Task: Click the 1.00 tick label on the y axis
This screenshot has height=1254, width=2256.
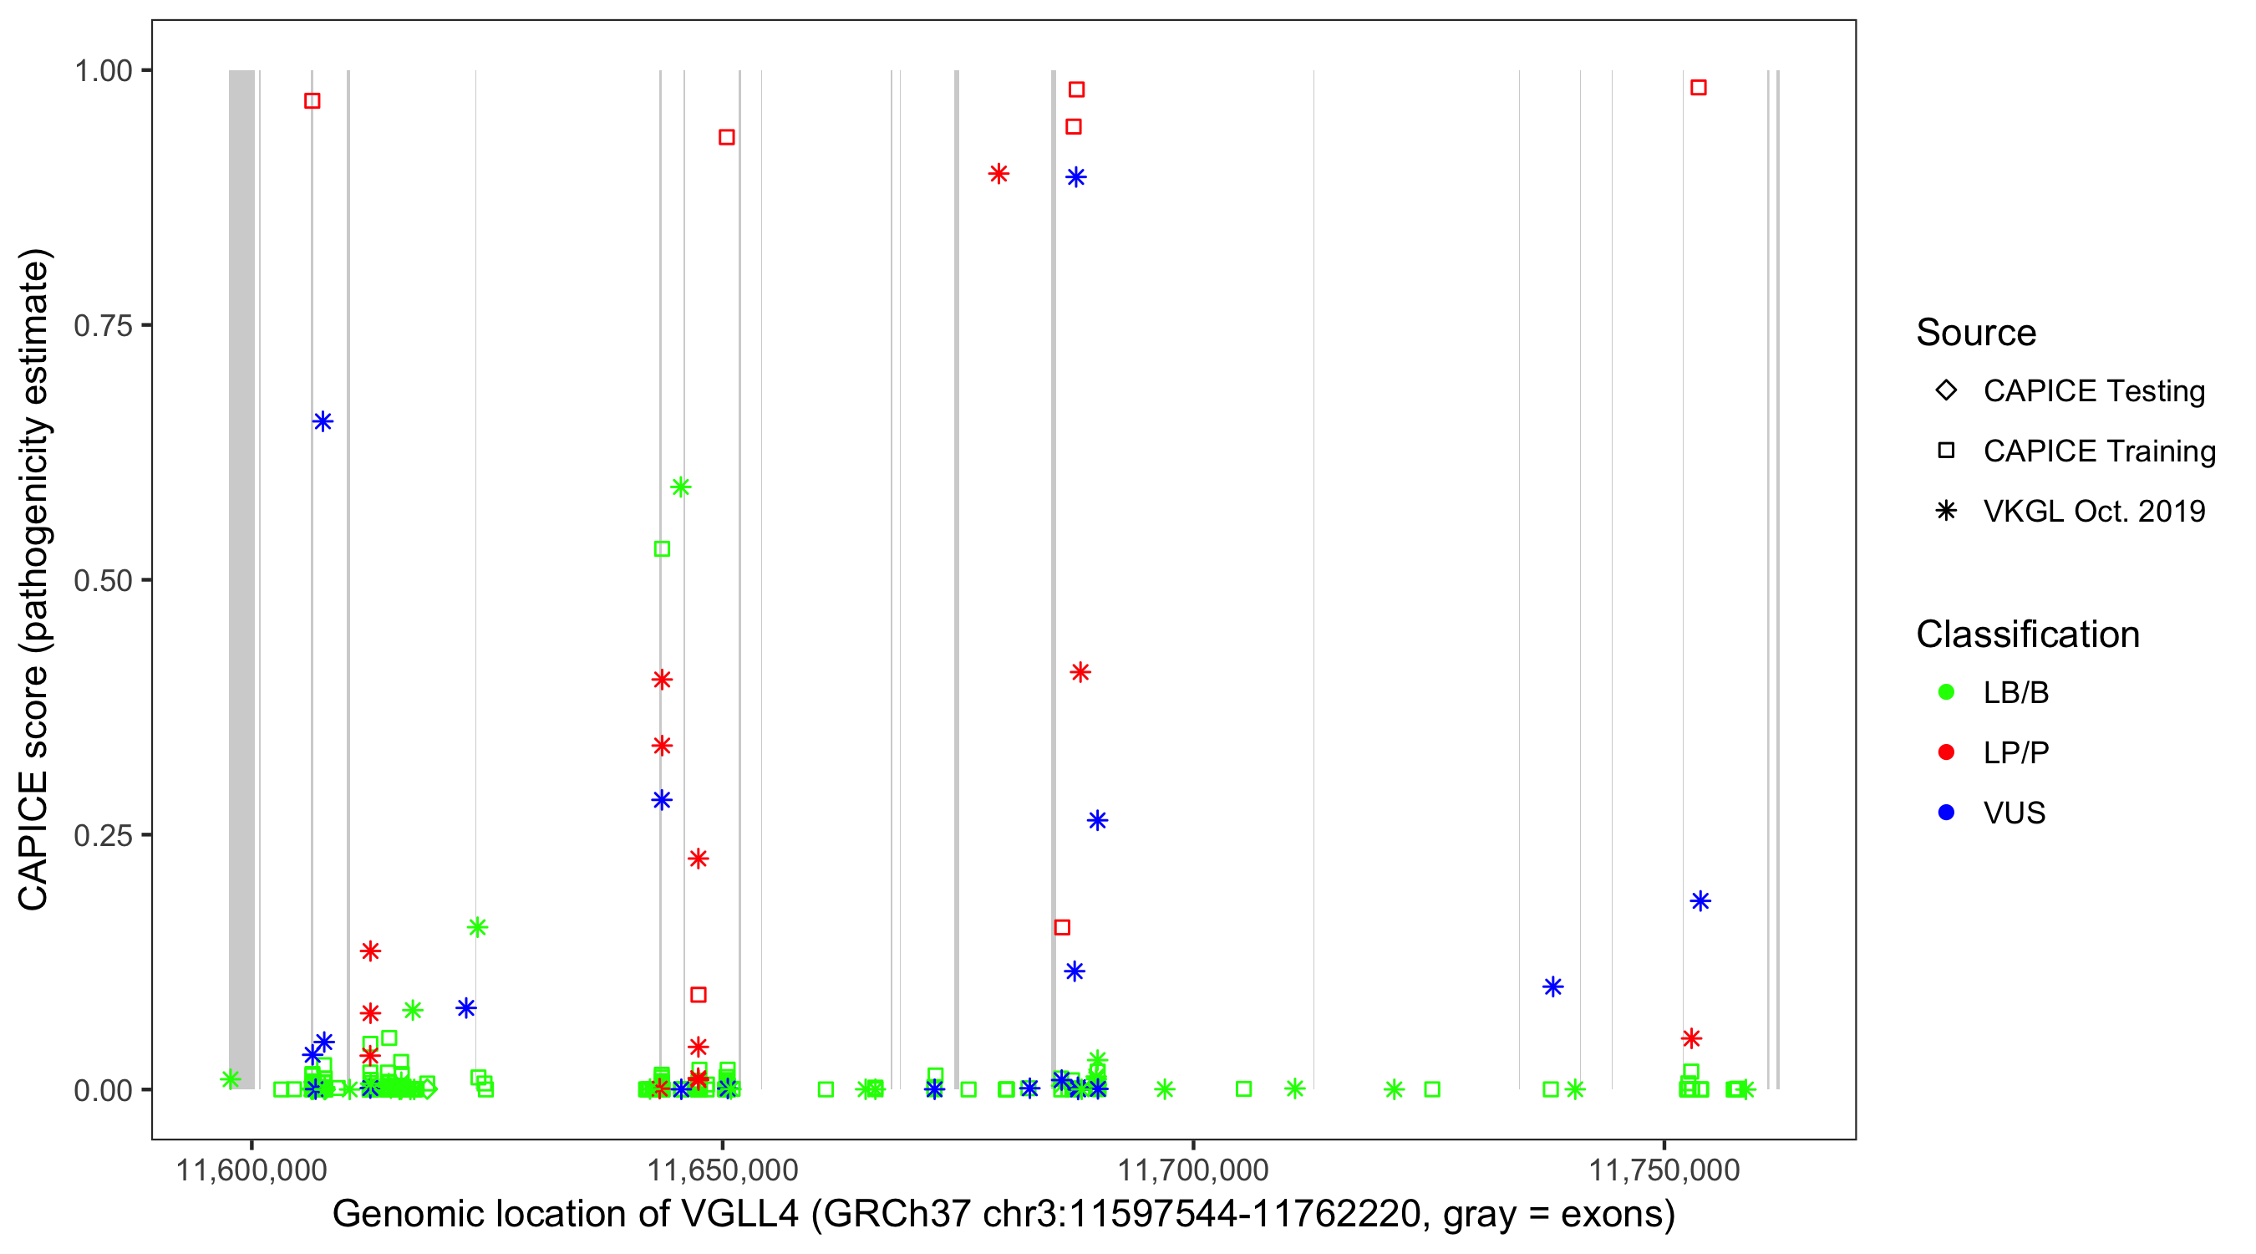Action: coord(103,71)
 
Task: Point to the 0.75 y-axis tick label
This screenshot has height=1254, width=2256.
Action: coord(103,326)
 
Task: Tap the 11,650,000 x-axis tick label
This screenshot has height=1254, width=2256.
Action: coord(723,1170)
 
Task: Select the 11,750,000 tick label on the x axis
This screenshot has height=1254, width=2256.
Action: coord(1664,1170)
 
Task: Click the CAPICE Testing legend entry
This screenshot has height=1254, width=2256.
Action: coord(2093,391)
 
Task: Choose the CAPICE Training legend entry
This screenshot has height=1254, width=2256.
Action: coord(2098,451)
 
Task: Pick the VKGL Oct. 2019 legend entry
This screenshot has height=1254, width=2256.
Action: coord(2093,511)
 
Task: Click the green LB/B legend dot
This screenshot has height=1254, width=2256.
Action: coord(1946,692)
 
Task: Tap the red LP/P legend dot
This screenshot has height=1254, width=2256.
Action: coord(1946,752)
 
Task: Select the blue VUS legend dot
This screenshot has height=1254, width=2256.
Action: coord(1946,813)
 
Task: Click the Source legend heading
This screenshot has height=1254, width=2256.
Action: coord(1976,333)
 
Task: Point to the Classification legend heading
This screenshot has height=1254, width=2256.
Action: coord(2027,635)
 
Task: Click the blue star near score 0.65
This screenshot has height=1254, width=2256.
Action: coord(323,421)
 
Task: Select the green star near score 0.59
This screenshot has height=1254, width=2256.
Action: coord(680,487)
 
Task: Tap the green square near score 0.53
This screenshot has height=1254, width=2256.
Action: coord(662,548)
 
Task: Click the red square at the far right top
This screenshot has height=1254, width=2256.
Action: coord(1698,88)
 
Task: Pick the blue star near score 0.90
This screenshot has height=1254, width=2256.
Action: coord(1075,177)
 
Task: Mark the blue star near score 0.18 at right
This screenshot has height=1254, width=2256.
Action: coord(1700,901)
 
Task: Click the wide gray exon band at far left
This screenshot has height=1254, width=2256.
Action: coord(241,579)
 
